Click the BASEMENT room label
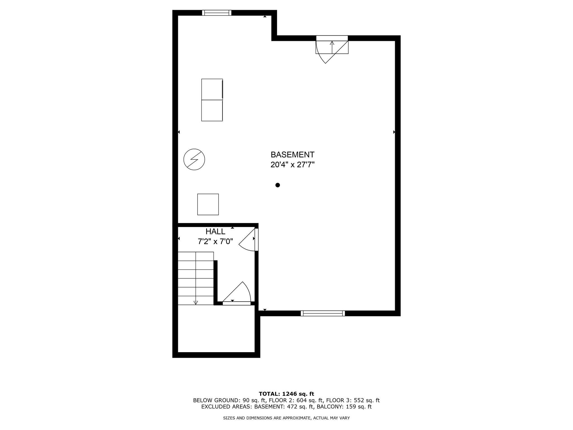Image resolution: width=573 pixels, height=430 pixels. point(292,155)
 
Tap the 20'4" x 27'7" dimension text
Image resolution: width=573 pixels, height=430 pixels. point(292,165)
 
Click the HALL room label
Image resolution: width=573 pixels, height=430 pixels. point(215,232)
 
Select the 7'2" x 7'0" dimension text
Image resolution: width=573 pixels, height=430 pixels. point(215,241)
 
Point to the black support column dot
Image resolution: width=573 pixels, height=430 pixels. point(278,185)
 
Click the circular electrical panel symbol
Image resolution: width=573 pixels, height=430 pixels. point(194,159)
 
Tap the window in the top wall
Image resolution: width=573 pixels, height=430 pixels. point(217,13)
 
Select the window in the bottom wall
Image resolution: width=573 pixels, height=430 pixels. point(323,314)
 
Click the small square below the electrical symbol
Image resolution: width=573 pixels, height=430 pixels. point(208,204)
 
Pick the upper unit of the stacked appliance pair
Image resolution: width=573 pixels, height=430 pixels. point(212,89)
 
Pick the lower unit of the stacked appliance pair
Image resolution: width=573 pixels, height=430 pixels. point(212,110)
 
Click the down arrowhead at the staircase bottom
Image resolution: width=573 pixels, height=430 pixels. point(196,303)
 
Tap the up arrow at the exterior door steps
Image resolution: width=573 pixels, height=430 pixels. point(332,43)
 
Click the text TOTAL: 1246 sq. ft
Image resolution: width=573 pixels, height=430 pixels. point(286,394)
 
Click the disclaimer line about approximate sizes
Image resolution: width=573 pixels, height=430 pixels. point(286,418)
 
